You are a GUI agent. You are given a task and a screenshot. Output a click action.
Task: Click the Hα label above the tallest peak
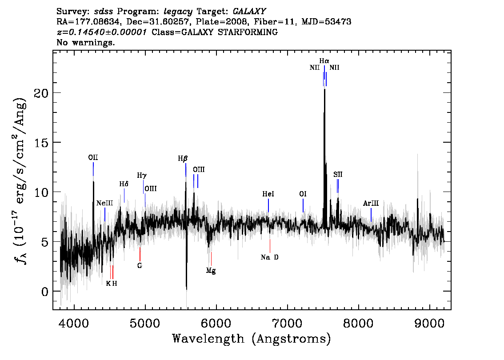tap(324, 61)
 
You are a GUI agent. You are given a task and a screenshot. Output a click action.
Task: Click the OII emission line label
tap(93, 157)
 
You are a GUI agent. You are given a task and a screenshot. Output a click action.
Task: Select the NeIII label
tap(105, 203)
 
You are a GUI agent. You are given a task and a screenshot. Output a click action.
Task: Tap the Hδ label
tap(124, 184)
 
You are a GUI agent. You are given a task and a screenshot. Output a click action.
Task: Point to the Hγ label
tap(142, 176)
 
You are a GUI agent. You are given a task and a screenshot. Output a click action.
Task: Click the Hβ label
tap(183, 159)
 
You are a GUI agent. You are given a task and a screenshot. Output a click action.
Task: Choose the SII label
tap(338, 175)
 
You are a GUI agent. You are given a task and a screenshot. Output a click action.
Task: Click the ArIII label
tap(371, 204)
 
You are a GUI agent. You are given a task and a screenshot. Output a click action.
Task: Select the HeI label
tap(268, 194)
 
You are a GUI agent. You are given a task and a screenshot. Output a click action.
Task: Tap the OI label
tap(303, 194)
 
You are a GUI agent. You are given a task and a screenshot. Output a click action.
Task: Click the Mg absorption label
tap(211, 271)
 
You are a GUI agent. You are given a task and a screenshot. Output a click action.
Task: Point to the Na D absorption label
tap(270, 257)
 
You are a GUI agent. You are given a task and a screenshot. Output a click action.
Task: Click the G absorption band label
tap(140, 266)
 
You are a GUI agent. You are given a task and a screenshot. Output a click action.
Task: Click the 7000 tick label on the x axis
tap(287, 323)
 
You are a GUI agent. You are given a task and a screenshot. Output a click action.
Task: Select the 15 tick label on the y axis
tap(41, 143)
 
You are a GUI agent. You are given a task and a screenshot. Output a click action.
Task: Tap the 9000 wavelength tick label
tap(429, 323)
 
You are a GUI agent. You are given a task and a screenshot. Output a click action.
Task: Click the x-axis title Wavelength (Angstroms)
tap(252, 339)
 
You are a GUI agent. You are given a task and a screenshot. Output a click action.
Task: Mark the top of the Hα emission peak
tap(324, 89)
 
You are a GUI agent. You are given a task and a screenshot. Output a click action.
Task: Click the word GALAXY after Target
tap(249, 12)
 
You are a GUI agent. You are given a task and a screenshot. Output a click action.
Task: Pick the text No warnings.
tap(85, 42)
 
